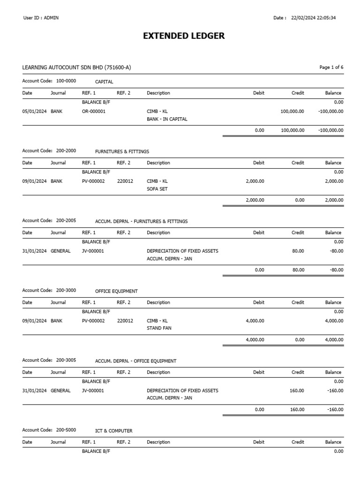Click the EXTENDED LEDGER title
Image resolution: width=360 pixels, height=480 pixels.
[184, 36]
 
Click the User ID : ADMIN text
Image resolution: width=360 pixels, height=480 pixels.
[41, 18]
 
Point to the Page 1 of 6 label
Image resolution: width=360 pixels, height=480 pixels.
[331, 67]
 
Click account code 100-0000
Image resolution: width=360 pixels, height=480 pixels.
[66, 81]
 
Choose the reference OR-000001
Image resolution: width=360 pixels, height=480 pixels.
[94, 112]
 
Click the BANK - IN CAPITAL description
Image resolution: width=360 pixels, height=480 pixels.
[167, 119]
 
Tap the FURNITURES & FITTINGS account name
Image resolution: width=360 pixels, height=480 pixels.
[122, 151]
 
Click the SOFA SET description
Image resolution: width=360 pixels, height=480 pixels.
[157, 189]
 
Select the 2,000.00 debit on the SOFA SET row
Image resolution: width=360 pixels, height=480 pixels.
[255, 181]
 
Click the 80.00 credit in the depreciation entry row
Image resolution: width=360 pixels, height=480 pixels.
[298, 251]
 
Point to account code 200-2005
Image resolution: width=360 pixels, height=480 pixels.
[66, 221]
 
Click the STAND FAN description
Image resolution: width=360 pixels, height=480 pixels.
[159, 329]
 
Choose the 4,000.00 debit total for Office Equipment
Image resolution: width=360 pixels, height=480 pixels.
[255, 340]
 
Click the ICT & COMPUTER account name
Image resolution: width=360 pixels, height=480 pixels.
[113, 431]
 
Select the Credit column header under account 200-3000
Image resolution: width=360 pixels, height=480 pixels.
[298, 302]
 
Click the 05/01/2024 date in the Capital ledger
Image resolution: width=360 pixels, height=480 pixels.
[34, 112]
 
